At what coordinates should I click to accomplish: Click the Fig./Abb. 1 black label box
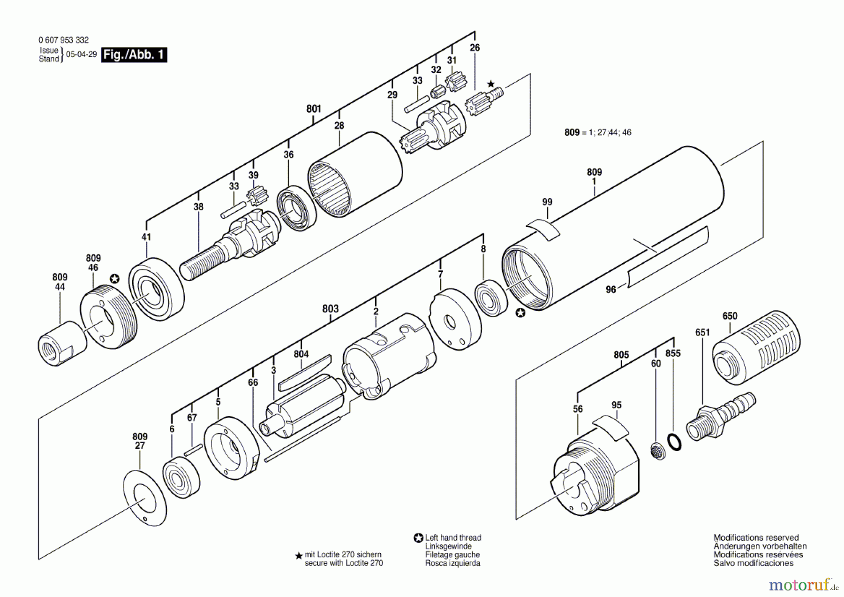pos(134,55)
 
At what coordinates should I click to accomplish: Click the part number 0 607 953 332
pos(64,40)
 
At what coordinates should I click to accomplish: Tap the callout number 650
pos(730,316)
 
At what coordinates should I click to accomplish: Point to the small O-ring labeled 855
pos(674,442)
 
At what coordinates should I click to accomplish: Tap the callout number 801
pos(314,109)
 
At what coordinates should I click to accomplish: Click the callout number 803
pos(330,308)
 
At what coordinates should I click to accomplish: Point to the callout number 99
pos(547,202)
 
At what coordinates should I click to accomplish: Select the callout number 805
pos(621,355)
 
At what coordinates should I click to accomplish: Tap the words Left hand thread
pos(453,538)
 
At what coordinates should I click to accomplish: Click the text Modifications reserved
pos(756,538)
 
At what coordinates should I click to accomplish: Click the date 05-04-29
pos(82,54)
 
